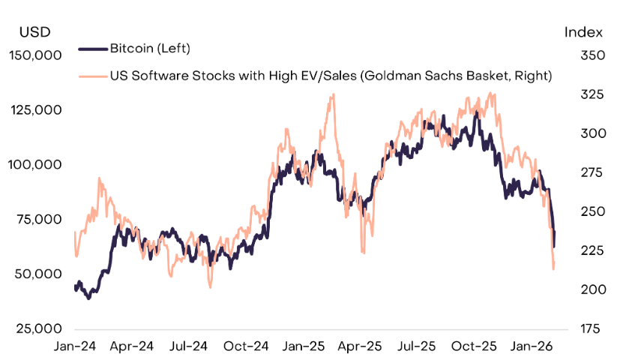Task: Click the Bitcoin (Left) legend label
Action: pyautogui.click(x=150, y=49)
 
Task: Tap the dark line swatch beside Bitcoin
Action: pyautogui.click(x=92, y=49)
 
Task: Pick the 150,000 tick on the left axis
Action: pyautogui.click(x=35, y=55)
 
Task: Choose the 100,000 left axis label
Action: pyautogui.click(x=35, y=165)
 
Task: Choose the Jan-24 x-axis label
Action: pyautogui.click(x=75, y=346)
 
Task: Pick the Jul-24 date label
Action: pyautogui.click(x=189, y=346)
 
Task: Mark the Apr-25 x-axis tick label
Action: pyautogui.click(x=361, y=346)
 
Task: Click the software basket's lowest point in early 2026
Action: pyautogui.click(x=553, y=268)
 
